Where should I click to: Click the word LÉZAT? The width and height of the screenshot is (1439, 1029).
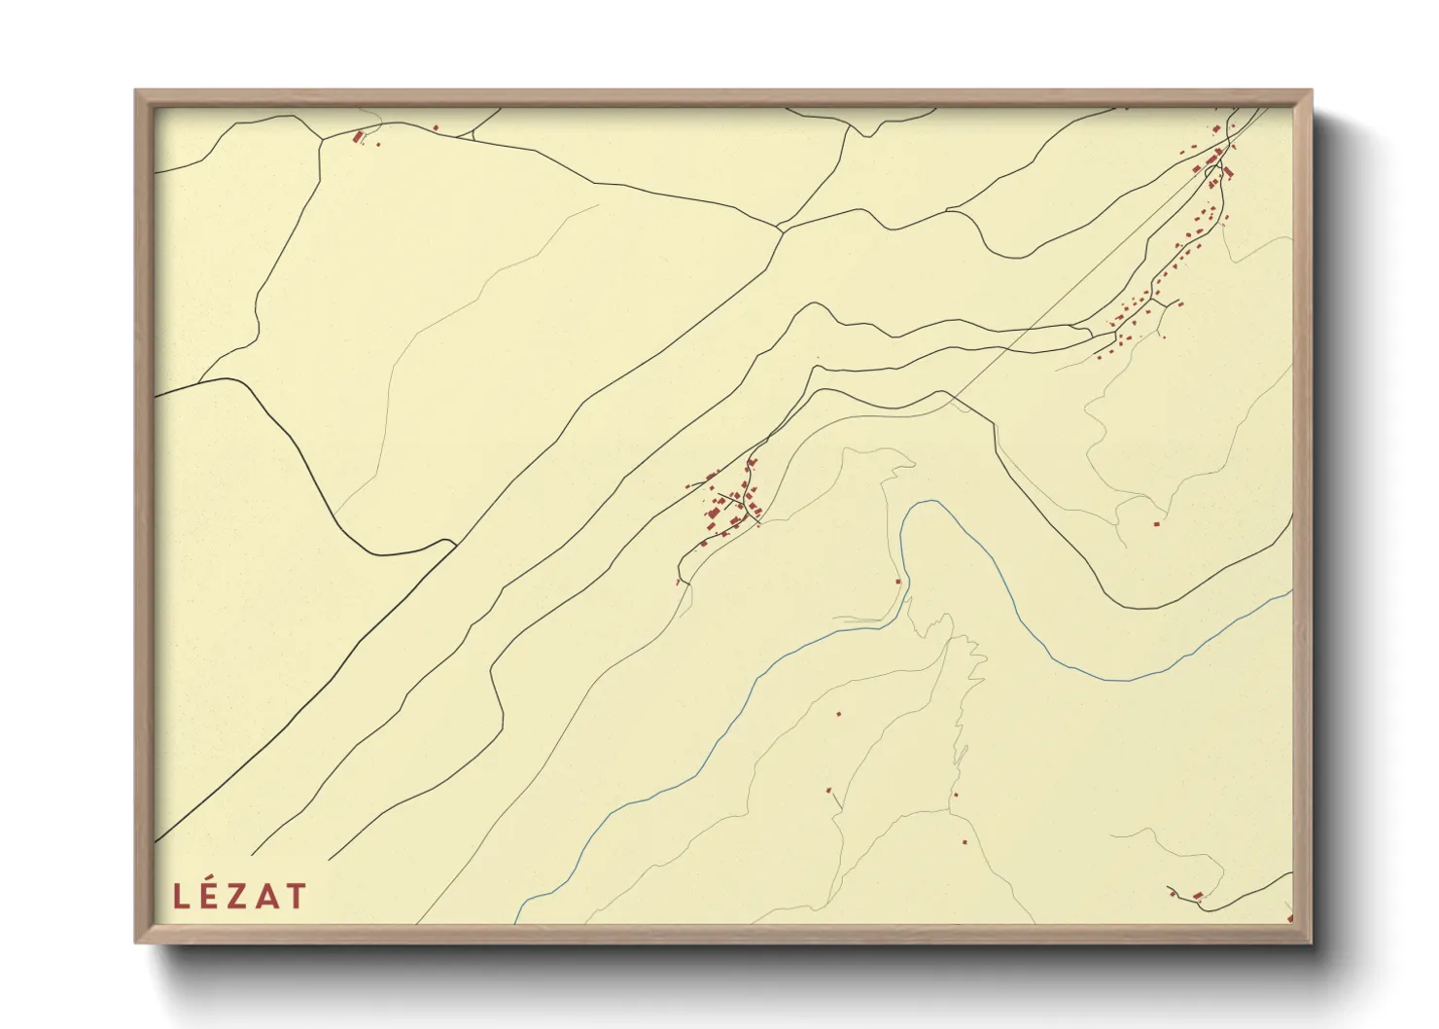(240, 896)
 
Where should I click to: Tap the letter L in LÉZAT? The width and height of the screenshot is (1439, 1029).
(180, 896)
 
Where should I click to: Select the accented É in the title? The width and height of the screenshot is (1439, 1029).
(209, 895)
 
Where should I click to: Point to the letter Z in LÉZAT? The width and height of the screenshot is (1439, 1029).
(238, 896)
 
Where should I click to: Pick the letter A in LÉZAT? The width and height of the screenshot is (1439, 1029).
(267, 896)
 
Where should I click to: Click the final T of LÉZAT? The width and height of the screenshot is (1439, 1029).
(297, 896)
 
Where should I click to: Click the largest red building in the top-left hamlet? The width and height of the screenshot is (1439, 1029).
(358, 137)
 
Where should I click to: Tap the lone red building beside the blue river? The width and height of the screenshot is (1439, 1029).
(898, 582)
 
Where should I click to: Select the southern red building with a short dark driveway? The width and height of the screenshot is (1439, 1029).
(829, 791)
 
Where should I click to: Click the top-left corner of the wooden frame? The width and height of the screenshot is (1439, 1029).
(136, 91)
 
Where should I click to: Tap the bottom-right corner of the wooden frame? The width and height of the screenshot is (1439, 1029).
(1310, 940)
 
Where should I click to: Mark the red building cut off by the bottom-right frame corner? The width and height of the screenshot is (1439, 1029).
(1289, 917)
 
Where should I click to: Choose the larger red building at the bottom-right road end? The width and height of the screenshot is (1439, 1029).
(1198, 895)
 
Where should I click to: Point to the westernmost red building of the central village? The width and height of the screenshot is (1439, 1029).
(688, 485)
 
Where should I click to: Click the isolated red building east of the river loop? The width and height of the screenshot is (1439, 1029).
(1156, 524)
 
